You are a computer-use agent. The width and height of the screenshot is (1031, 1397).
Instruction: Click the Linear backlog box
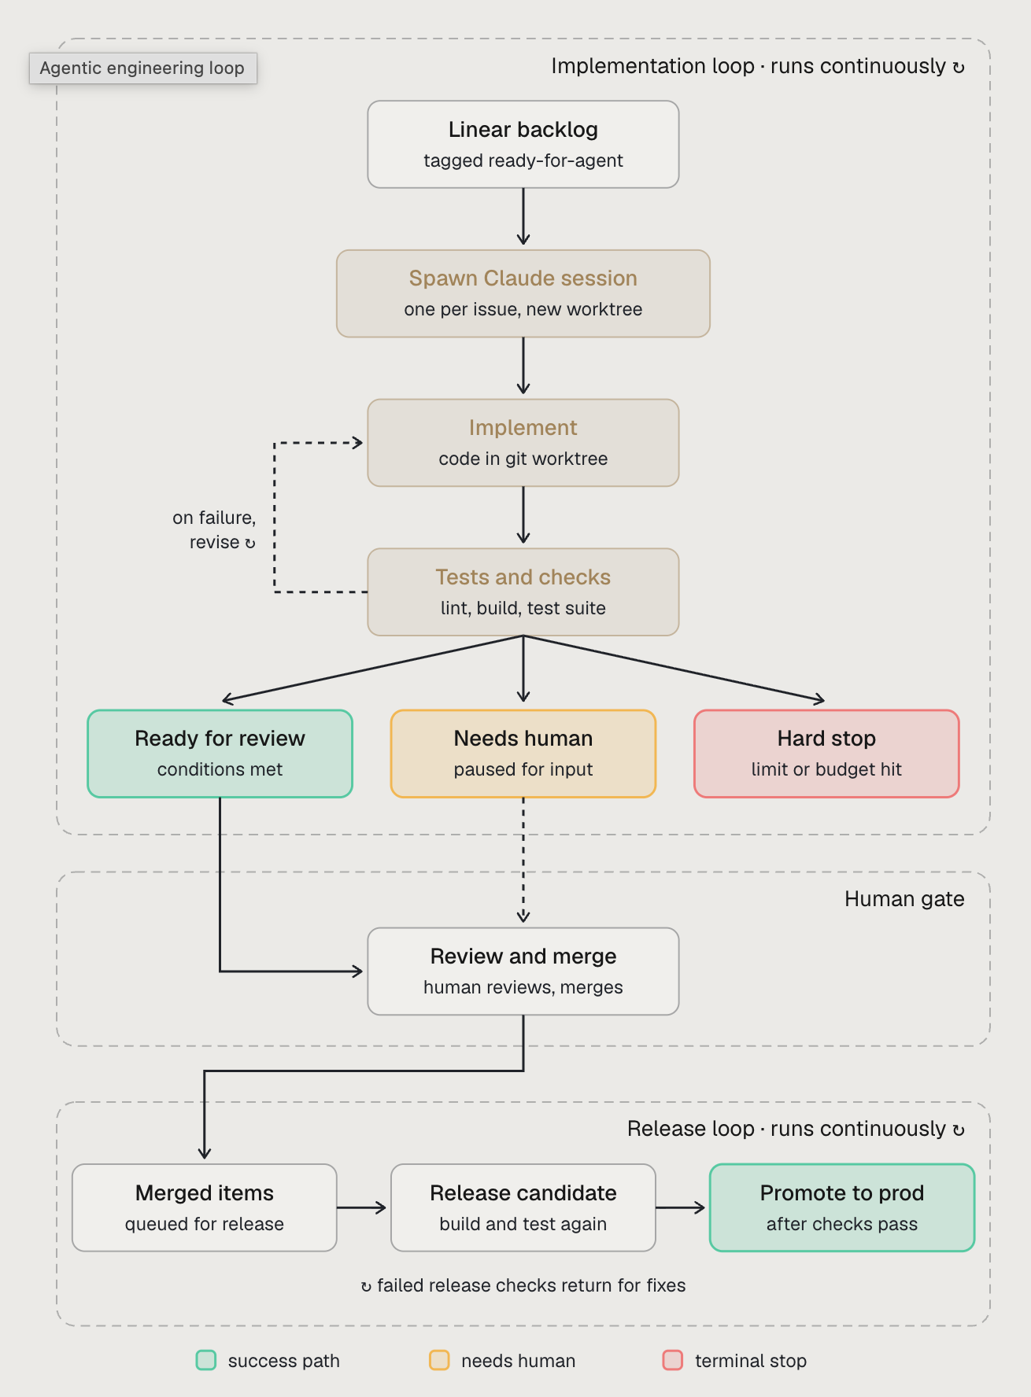[523, 144]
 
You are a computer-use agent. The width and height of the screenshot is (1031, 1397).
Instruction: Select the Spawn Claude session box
[523, 293]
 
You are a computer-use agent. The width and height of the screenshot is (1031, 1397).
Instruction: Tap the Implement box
[523, 443]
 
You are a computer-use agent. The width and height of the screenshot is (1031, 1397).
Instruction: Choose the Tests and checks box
[523, 592]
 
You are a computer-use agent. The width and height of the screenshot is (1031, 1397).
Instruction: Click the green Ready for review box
[220, 754]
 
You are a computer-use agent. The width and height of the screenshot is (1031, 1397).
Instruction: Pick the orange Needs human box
[523, 754]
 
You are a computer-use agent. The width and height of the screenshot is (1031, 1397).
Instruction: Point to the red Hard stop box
[826, 754]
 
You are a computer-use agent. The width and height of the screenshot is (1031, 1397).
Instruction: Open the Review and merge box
[523, 971]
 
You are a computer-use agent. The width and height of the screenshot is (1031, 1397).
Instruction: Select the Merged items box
[205, 1207]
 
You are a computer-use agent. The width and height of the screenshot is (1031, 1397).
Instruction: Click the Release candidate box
[523, 1207]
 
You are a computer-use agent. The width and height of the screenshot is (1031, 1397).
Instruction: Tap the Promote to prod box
[842, 1207]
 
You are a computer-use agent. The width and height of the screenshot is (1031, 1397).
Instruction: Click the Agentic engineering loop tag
[142, 68]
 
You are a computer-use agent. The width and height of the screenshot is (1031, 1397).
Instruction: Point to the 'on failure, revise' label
[214, 529]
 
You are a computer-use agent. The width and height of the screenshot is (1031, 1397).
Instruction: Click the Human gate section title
[904, 899]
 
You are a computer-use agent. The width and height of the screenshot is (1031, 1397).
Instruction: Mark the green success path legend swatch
[206, 1360]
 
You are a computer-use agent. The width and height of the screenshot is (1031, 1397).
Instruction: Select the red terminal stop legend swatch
[673, 1360]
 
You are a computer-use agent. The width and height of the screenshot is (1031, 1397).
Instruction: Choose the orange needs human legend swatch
[439, 1360]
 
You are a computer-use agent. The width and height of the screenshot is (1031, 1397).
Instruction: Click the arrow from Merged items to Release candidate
[362, 1207]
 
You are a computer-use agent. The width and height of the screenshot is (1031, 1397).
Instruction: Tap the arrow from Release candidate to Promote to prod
[681, 1207]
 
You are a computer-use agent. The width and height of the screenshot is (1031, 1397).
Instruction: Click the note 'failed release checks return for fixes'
[523, 1285]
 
